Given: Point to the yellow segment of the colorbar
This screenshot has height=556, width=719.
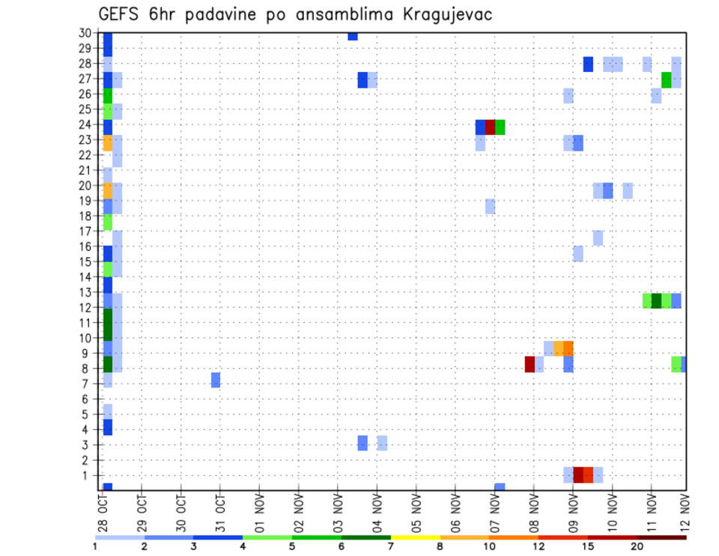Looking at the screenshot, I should [x=416, y=537].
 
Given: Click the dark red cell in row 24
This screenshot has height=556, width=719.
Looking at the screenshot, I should [x=490, y=127].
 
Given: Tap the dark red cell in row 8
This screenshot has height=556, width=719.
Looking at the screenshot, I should [x=530, y=364].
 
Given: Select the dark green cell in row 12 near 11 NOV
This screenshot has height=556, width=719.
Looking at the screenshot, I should [x=657, y=300].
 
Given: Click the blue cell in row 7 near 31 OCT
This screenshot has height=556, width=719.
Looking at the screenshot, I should [x=216, y=380].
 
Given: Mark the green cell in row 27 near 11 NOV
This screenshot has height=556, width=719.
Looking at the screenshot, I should [x=667, y=79].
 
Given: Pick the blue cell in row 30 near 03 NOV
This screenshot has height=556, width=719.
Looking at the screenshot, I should [x=353, y=36].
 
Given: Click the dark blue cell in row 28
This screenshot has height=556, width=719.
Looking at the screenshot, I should [x=588, y=64].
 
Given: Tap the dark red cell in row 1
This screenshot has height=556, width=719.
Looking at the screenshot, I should [x=578, y=474].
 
